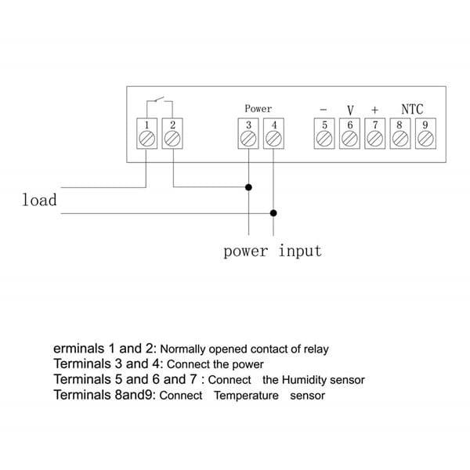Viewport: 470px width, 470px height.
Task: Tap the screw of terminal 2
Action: click(x=172, y=139)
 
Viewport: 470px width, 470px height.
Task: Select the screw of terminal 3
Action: click(x=248, y=139)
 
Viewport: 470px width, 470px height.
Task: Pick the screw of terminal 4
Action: click(x=273, y=139)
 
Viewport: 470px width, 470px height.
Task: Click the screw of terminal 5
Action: click(x=324, y=139)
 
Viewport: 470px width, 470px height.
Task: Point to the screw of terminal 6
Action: click(x=350, y=139)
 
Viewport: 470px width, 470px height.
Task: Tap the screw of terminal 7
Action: click(x=375, y=139)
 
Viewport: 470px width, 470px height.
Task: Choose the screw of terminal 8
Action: click(x=399, y=139)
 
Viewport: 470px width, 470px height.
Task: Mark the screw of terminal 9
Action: click(x=425, y=139)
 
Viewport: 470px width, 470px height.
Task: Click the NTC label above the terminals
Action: click(x=412, y=110)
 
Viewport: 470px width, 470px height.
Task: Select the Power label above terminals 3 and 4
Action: click(x=258, y=109)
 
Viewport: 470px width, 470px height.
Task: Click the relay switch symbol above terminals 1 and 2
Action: click(x=160, y=100)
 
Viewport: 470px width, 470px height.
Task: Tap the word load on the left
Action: click(x=39, y=200)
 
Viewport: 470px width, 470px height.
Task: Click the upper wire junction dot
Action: click(x=248, y=187)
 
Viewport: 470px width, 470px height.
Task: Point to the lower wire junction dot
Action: click(x=273, y=212)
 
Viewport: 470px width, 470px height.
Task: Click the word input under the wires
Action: click(x=300, y=251)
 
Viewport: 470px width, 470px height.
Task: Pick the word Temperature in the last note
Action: click(x=246, y=396)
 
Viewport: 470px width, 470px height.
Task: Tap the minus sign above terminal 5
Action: click(x=324, y=110)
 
